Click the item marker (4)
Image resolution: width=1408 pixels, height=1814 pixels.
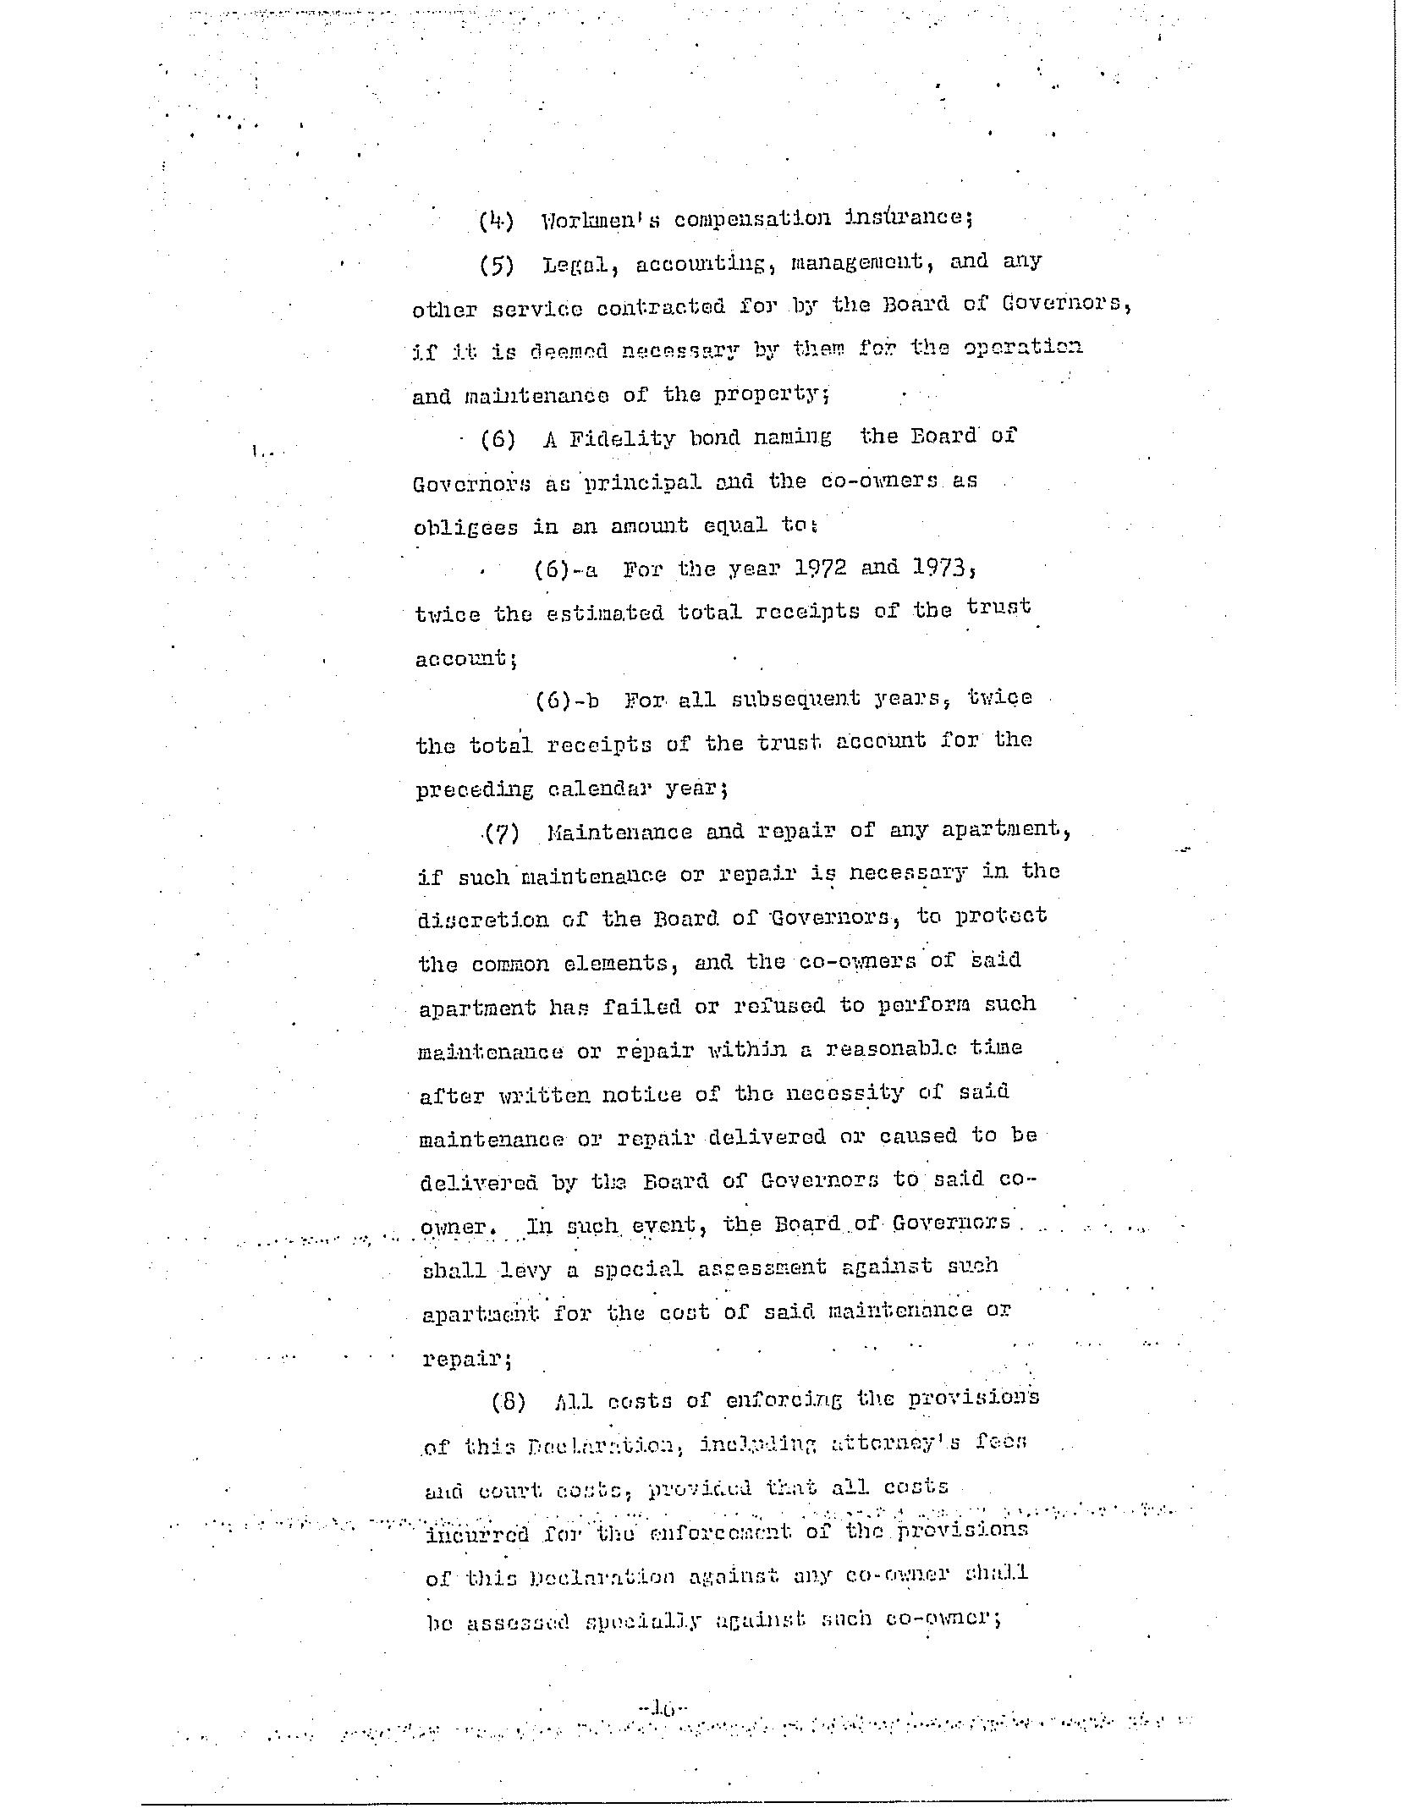[497, 222]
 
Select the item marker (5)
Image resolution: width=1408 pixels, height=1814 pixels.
[497, 266]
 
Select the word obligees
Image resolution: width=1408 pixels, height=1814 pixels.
[465, 527]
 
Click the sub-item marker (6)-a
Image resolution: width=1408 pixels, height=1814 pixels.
[565, 569]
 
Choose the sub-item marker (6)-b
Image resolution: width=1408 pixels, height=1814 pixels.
[567, 701]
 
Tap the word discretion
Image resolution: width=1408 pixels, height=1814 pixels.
[482, 920]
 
